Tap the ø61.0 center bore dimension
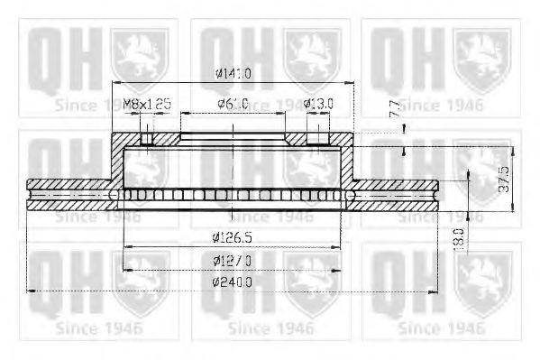point(233,104)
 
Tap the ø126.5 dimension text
point(233,238)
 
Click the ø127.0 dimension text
point(233,261)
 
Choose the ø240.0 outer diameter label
point(233,282)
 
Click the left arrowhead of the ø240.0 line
point(32,291)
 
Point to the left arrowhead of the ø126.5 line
point(124,246)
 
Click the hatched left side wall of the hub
point(116,162)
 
